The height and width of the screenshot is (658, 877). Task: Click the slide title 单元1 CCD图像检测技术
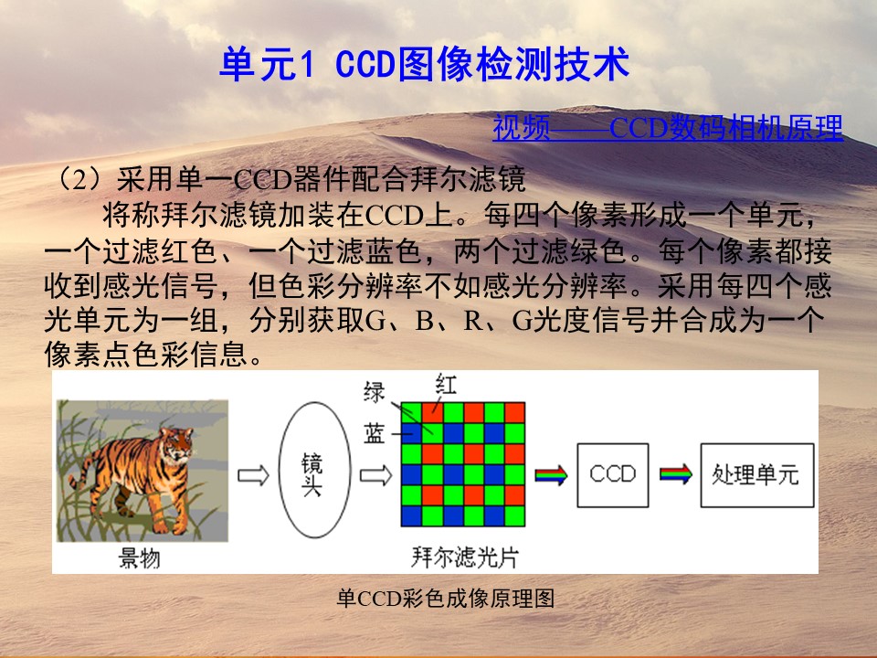425,64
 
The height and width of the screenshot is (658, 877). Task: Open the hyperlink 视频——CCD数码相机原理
667,128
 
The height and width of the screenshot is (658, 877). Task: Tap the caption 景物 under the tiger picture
139,557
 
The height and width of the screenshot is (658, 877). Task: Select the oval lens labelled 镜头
314,470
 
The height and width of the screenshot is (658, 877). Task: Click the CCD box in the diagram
613,475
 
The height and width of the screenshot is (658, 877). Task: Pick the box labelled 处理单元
757,475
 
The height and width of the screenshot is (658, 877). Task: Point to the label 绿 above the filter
375,392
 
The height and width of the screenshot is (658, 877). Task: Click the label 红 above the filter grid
446,385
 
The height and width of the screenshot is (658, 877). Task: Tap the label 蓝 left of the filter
375,433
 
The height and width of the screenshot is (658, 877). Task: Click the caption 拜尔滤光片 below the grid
465,557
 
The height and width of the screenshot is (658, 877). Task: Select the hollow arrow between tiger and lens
253,475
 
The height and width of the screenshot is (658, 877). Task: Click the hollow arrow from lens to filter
375,475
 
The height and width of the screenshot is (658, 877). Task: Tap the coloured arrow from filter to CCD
552,475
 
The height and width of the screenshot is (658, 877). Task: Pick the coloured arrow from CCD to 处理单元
676,475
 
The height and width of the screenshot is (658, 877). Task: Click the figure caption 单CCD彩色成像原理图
446,599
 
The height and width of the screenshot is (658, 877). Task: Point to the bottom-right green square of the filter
514,515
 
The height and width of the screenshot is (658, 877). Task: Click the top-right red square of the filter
514,412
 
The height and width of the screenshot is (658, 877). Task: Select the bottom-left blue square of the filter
411,515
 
